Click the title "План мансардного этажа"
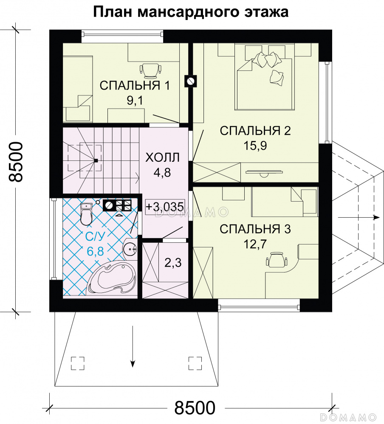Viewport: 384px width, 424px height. pyautogui.click(x=191, y=12)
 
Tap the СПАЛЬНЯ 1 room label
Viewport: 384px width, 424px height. pyautogui.click(x=135, y=85)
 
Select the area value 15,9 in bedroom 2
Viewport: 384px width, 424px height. pyautogui.click(x=255, y=146)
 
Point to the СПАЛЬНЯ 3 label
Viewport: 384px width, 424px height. pyautogui.click(x=255, y=229)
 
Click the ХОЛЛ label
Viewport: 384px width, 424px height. pyautogui.click(x=162, y=157)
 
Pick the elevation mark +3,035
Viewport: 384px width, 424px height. pyautogui.click(x=165, y=207)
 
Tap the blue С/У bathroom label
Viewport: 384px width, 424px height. pyautogui.click(x=95, y=236)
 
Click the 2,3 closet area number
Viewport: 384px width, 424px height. pyautogui.click(x=173, y=262)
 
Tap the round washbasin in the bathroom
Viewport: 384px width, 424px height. pyautogui.click(x=130, y=247)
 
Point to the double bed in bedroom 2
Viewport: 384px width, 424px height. pyautogui.click(x=265, y=77)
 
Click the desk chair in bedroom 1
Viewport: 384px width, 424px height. pyautogui.click(x=151, y=70)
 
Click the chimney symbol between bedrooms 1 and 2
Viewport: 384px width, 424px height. pyautogui.click(x=191, y=81)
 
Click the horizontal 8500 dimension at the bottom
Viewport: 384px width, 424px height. pyautogui.click(x=195, y=408)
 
